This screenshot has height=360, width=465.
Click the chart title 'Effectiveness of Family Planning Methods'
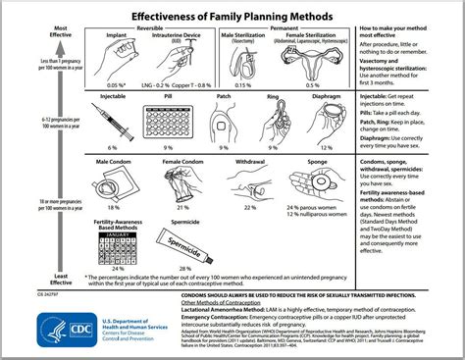pyautogui.click(x=232, y=12)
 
